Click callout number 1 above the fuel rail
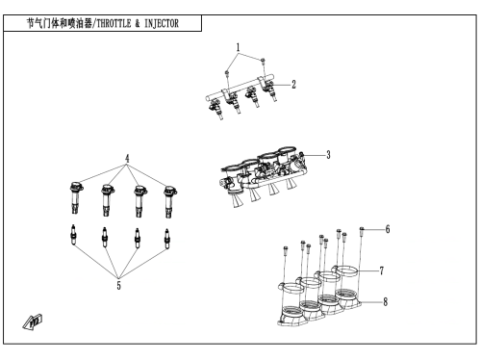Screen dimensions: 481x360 tap(238, 48)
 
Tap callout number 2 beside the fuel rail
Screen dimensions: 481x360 tap(293, 85)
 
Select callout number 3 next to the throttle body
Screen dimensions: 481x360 tap(328, 155)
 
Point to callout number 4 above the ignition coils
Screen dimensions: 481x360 tap(127, 159)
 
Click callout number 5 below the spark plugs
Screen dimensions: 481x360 tap(119, 285)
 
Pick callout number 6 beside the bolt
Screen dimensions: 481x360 tap(388, 229)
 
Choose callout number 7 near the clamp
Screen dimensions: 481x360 tap(382, 270)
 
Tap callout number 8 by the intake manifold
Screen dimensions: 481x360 tap(386, 302)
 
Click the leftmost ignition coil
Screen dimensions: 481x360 tap(76, 198)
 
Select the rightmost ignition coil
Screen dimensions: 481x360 tap(169, 201)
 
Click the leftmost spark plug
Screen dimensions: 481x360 tap(73, 236)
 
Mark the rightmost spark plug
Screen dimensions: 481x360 tap(166, 239)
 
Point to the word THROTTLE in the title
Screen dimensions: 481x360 tap(114, 23)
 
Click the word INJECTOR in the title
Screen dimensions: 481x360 tap(162, 23)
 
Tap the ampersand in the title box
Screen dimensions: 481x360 tap(138, 23)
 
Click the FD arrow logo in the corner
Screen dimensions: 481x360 tap(33, 321)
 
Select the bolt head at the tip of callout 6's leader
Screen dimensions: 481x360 tap(362, 229)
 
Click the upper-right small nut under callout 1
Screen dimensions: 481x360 tap(263, 60)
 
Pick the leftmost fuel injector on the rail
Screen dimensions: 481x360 tap(215, 109)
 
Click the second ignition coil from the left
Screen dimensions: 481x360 tap(108, 200)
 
